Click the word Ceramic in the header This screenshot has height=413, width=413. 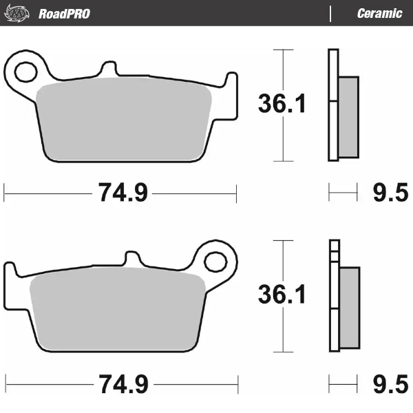379,13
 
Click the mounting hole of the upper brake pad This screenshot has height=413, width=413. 27,70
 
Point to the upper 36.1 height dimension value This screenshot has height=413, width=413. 282,105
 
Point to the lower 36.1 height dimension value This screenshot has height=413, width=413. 282,295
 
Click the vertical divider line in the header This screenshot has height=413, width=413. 331,13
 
